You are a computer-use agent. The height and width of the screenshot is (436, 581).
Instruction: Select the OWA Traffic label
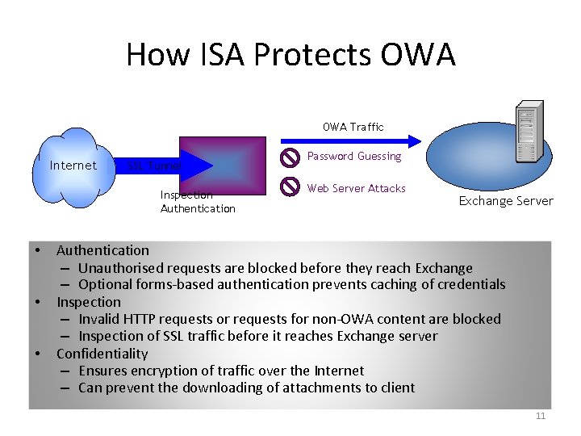(x=353, y=127)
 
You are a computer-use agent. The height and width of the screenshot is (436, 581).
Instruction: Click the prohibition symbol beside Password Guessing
(x=289, y=157)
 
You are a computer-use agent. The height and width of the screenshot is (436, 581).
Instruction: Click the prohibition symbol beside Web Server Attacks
(x=289, y=187)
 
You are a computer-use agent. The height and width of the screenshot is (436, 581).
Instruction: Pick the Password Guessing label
(x=354, y=156)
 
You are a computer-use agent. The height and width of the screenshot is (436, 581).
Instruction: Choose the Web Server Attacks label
(x=356, y=188)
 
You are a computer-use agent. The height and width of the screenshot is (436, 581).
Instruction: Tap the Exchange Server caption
(x=506, y=201)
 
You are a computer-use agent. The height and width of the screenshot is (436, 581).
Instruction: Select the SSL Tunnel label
(x=155, y=166)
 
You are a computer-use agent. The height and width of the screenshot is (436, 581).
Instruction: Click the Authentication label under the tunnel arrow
(x=198, y=208)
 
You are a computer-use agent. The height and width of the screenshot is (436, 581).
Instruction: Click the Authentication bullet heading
(x=102, y=250)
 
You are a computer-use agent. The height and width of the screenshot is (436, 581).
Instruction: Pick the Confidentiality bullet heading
(x=102, y=354)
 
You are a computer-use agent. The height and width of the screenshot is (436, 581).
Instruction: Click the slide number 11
(x=541, y=416)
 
